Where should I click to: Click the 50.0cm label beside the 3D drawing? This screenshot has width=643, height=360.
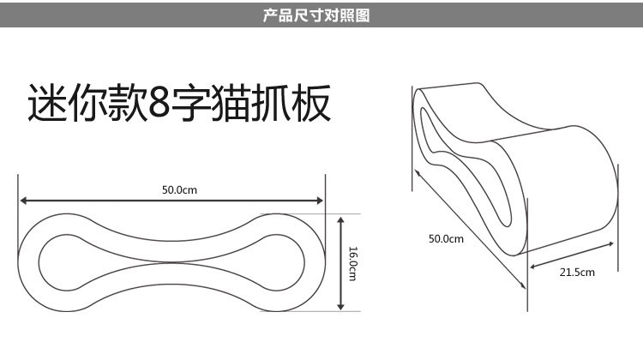point(446,238)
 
